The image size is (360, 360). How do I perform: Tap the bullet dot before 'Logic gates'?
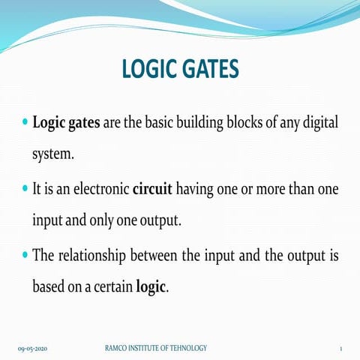(25, 122)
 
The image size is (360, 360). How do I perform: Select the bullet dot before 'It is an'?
(25, 188)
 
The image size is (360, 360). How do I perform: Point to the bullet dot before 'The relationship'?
(25, 255)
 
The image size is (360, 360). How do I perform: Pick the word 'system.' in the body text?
(53, 154)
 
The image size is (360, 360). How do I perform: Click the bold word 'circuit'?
(152, 189)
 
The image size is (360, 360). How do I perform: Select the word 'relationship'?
(92, 256)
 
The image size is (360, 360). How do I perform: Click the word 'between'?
(154, 256)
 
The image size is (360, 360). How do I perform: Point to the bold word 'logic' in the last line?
(151, 287)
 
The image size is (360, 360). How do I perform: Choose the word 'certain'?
(113, 287)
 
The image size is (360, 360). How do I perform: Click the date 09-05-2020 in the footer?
(32, 349)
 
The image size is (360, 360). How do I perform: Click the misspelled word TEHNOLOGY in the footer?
(188, 348)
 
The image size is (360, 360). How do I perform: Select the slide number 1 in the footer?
(341, 349)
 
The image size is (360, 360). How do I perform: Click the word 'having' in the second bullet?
(195, 190)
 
